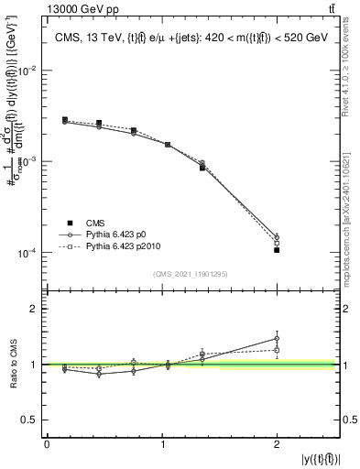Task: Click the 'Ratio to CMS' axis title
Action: click(12, 365)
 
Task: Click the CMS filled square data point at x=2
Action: click(277, 250)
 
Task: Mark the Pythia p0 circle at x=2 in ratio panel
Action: click(277, 339)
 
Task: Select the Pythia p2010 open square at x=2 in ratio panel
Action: click(277, 350)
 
